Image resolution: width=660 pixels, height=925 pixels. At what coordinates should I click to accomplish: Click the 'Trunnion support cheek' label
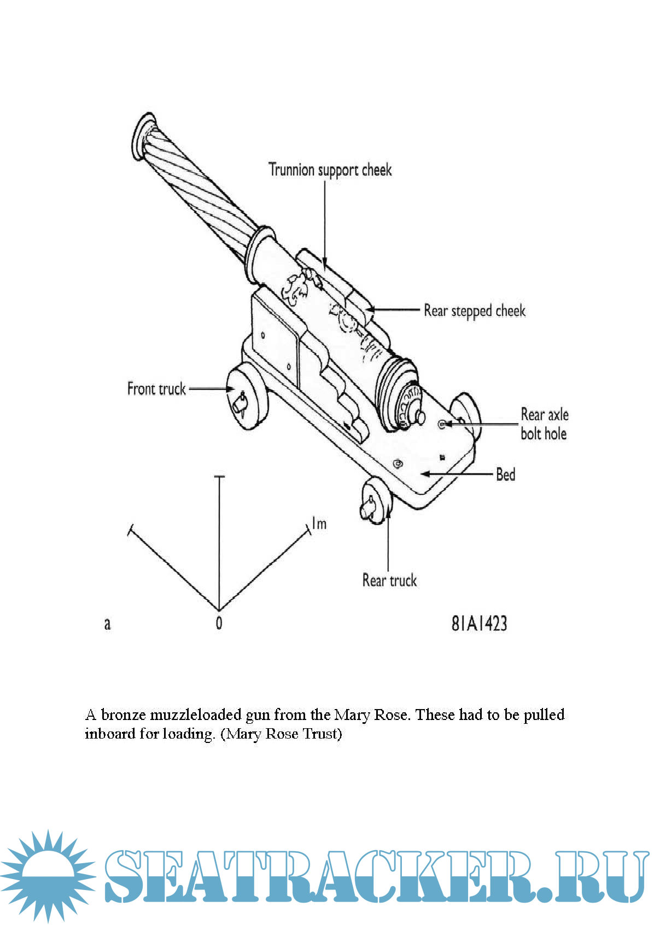[330, 169]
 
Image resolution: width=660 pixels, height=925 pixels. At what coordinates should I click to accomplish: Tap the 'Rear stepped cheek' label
[474, 311]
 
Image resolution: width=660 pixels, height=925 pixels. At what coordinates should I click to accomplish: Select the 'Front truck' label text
[156, 389]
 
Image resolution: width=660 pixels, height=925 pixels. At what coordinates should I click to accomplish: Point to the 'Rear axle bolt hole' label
[544, 424]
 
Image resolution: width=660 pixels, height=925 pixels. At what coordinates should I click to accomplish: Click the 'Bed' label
[505, 474]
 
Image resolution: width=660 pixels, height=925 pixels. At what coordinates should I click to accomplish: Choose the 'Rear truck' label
[389, 580]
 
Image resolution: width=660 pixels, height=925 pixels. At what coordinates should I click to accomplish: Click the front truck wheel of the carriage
[248, 399]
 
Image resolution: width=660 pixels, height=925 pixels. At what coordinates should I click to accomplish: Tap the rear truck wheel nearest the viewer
[377, 500]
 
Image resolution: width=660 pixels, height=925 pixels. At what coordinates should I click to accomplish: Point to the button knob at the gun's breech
[419, 417]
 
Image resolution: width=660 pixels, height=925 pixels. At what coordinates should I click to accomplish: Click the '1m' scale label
[319, 524]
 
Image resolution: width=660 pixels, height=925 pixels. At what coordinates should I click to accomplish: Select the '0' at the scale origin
[219, 623]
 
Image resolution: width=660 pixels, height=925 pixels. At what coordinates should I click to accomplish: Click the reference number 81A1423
[479, 623]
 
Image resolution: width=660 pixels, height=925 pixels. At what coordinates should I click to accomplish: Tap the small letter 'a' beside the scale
[107, 623]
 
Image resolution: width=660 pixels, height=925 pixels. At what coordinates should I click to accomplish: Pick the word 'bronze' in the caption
[123, 715]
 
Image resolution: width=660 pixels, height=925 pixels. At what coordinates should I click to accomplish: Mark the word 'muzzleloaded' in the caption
[195, 715]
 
